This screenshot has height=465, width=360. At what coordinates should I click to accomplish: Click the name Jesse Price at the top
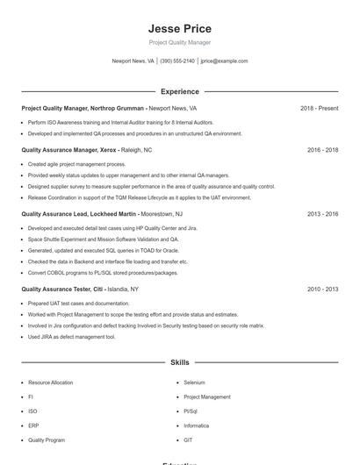(x=179, y=28)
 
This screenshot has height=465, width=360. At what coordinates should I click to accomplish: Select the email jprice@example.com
(x=224, y=61)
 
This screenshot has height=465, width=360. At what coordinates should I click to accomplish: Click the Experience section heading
(x=179, y=91)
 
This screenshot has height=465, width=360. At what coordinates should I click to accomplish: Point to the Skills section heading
(x=179, y=361)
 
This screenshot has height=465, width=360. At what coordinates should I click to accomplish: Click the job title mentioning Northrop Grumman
(x=83, y=108)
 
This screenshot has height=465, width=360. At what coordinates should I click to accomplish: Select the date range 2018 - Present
(x=319, y=108)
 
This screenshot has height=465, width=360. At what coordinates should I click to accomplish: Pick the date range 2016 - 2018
(x=322, y=150)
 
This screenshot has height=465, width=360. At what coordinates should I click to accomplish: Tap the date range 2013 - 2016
(x=322, y=214)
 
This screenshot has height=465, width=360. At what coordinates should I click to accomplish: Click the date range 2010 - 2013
(x=322, y=289)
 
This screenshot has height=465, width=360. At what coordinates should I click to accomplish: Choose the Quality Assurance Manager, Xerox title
(x=68, y=150)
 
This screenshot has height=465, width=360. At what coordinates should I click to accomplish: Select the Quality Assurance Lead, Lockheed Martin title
(x=79, y=214)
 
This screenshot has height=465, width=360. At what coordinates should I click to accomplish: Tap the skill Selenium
(x=195, y=383)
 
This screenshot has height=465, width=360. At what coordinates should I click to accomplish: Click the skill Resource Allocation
(x=50, y=383)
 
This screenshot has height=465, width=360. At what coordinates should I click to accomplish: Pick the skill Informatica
(x=197, y=426)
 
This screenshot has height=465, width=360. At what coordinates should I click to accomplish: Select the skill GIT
(x=188, y=440)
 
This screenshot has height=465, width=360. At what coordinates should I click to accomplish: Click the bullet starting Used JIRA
(x=71, y=336)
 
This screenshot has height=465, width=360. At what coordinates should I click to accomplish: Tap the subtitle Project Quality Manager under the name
(x=179, y=42)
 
